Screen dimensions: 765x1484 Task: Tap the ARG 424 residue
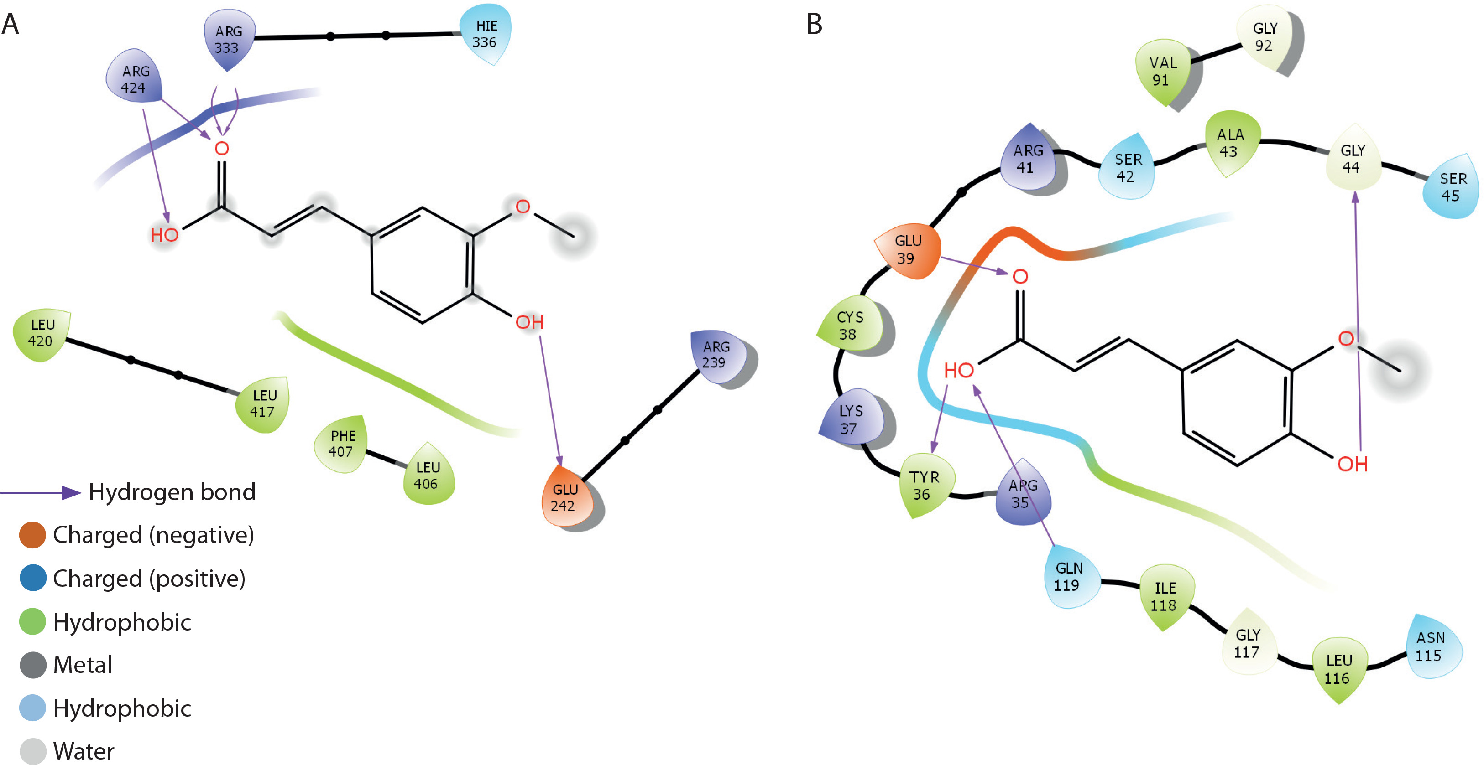tap(134, 79)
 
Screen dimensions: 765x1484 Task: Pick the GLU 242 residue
tap(564, 497)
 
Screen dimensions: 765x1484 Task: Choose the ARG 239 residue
tap(716, 355)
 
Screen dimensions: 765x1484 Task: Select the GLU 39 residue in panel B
tap(907, 250)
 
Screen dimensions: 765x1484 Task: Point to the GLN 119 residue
tap(1069, 576)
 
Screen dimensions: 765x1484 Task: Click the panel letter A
tap(10, 24)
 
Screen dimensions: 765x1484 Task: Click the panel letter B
tap(814, 24)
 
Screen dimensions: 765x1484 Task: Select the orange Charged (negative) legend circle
tap(32, 535)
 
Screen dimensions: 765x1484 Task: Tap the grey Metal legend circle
tap(33, 665)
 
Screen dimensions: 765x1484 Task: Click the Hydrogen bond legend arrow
tap(40, 492)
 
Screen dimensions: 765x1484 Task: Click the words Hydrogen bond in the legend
tap(172, 492)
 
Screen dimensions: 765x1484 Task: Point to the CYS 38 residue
tap(850, 325)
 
